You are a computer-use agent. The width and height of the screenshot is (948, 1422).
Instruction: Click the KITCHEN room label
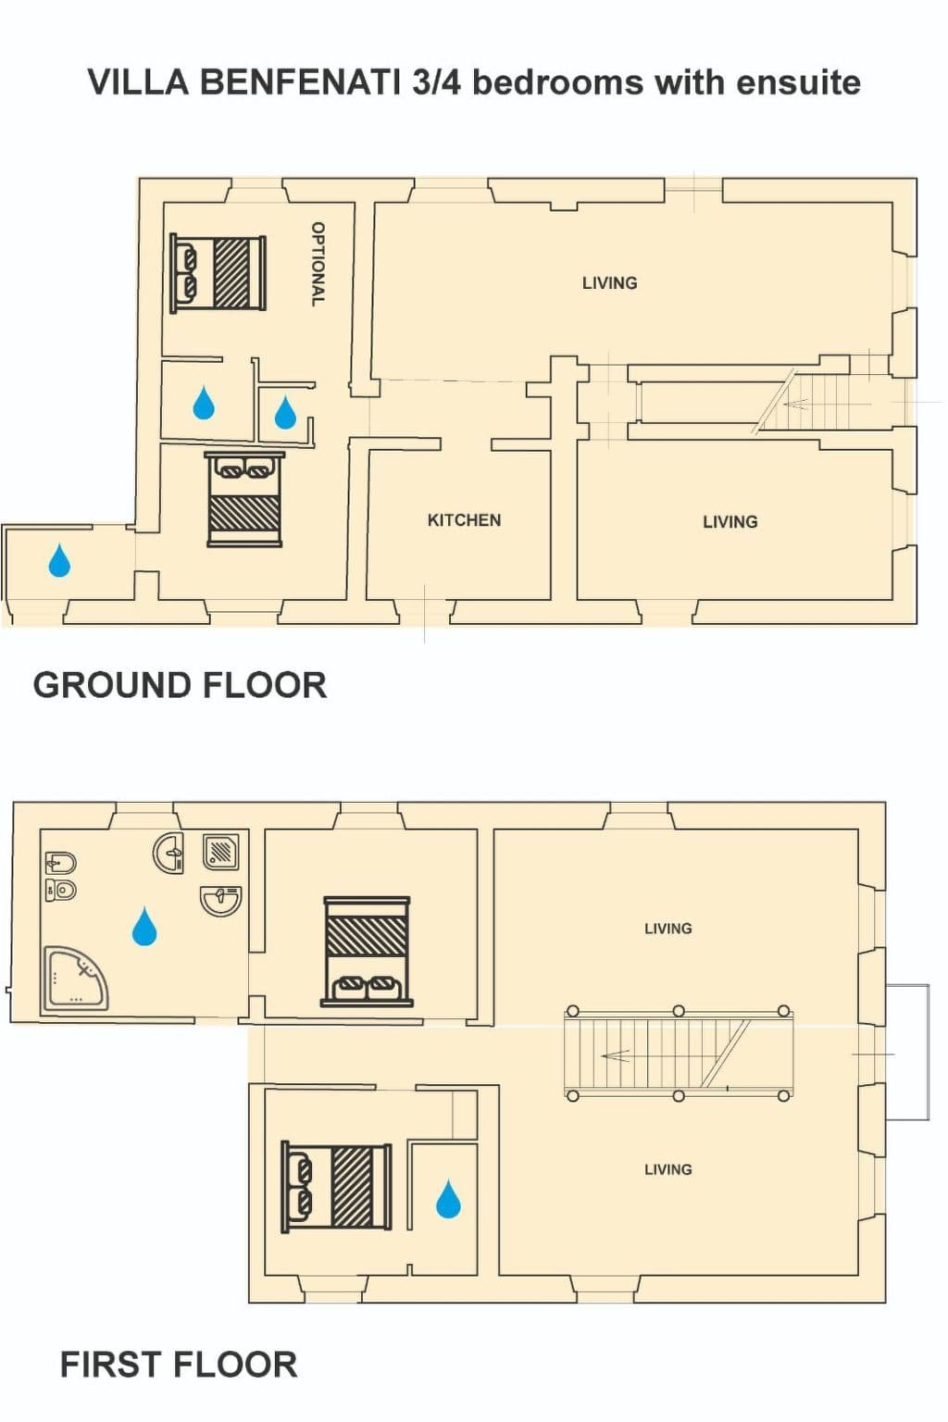point(464,520)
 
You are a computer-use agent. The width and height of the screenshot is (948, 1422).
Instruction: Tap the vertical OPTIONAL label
point(318,264)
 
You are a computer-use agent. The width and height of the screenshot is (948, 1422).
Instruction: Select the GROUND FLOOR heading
point(181,686)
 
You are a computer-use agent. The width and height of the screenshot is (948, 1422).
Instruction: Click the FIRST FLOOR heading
point(179,1365)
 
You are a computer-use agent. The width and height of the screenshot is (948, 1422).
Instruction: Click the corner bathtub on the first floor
point(75,979)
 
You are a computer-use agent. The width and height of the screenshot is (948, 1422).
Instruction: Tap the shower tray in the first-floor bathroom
point(221,852)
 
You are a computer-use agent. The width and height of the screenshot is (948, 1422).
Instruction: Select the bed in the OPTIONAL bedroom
point(218,273)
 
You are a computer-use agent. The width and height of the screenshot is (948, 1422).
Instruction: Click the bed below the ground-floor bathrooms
point(245,499)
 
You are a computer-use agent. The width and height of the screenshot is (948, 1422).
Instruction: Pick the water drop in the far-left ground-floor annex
point(59,560)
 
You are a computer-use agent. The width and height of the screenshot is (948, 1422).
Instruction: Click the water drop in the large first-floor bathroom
point(144,926)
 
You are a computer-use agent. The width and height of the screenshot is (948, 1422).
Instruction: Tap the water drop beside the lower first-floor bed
point(448,1199)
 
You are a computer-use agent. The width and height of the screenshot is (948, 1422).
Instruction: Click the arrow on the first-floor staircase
point(616,1055)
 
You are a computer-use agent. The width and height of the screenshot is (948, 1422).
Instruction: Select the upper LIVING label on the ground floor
point(609,283)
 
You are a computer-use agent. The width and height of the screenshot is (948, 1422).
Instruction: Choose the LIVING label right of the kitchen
point(730,522)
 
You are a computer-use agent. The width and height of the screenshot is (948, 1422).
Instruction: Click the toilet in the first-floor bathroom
point(61,890)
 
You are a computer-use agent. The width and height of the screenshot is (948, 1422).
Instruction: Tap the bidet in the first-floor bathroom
point(61,864)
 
